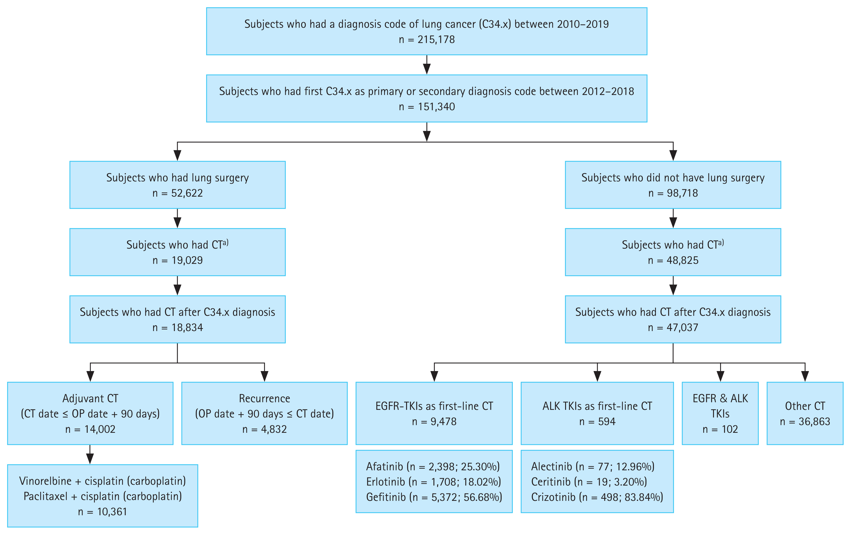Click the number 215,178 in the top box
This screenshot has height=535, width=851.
436,39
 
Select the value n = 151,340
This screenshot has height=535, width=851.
427,107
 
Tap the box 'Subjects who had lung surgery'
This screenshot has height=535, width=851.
178,185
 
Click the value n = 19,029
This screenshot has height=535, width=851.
178,260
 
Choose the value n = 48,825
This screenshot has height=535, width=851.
673,260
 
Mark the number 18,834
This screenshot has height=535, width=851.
187,327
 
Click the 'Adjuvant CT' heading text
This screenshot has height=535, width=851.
90,398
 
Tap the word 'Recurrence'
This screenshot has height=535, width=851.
264,398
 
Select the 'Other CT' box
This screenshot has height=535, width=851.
805,413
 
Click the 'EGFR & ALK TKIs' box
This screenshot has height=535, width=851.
720,413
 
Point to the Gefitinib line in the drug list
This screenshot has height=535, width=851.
434,497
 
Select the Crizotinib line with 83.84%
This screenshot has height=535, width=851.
597,497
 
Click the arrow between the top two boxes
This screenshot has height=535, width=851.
427,65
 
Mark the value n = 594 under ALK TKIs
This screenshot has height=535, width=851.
597,421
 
